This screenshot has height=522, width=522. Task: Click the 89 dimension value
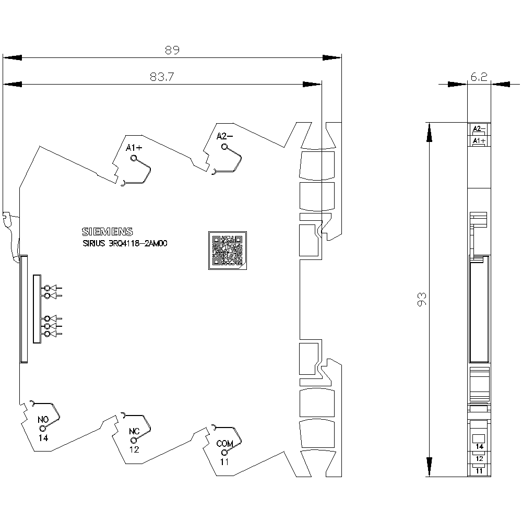pyautogui.click(x=172, y=50)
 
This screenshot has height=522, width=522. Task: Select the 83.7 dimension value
pyautogui.click(x=162, y=77)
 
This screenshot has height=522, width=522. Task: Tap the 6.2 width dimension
pyautogui.click(x=479, y=77)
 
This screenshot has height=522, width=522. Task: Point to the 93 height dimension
pyautogui.click(x=421, y=299)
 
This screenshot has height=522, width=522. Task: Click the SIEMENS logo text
pyautogui.click(x=107, y=232)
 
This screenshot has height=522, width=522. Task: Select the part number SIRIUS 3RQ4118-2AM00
pyautogui.click(x=125, y=243)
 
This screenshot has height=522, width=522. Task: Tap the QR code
pyautogui.click(x=228, y=251)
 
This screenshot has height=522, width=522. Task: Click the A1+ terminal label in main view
pyautogui.click(x=134, y=148)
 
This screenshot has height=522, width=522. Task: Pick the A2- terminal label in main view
pyautogui.click(x=224, y=136)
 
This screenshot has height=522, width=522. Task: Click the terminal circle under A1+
pyautogui.click(x=134, y=158)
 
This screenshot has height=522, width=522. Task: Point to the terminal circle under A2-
pyautogui.click(x=224, y=147)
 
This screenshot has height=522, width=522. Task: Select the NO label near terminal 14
pyautogui.click(x=43, y=420)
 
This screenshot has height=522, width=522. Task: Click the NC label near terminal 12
pyautogui.click(x=134, y=432)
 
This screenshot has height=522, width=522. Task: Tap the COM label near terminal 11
pyautogui.click(x=224, y=443)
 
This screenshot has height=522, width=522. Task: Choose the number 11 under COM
pyautogui.click(x=224, y=462)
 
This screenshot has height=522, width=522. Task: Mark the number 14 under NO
pyautogui.click(x=43, y=438)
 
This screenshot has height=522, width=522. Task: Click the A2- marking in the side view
pyautogui.click(x=479, y=128)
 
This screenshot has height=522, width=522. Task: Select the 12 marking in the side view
pyautogui.click(x=479, y=459)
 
